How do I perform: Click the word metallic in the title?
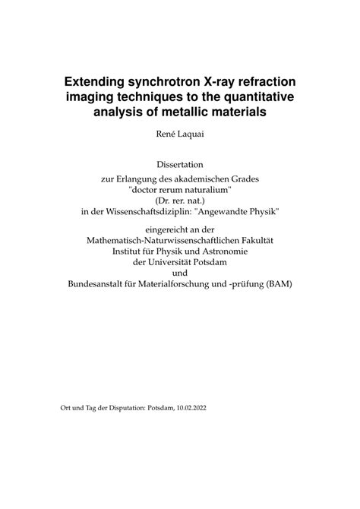(179, 114)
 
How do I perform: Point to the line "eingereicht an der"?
(179, 229)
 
